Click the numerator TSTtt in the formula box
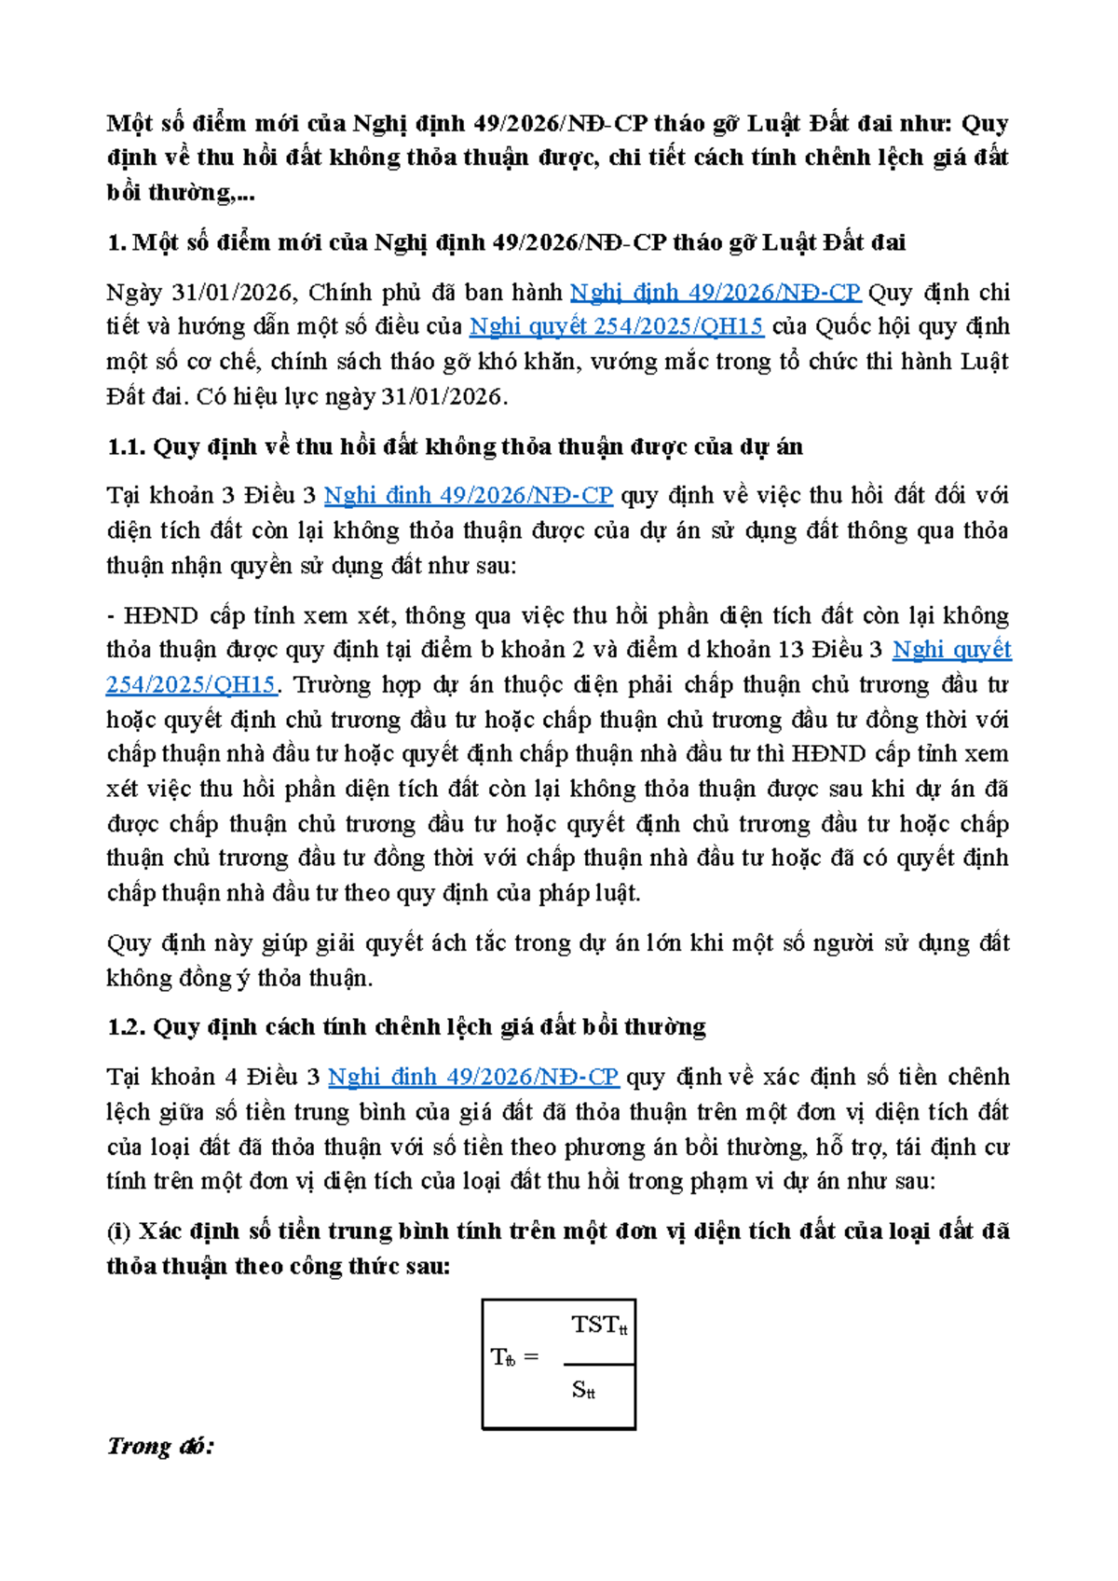pos(599,1325)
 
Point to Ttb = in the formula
pos(514,1357)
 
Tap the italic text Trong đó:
pos(160,1447)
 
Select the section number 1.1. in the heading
pos(127,447)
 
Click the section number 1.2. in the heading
pos(127,1026)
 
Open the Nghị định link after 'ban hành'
pos(715,292)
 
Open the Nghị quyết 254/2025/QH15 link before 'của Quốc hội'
pos(616,326)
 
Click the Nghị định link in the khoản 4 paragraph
pos(473,1077)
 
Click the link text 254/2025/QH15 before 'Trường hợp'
pos(192,684)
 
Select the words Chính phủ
pos(352,292)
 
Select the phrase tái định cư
pos(952,1147)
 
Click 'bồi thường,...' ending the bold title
pos(181,192)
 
